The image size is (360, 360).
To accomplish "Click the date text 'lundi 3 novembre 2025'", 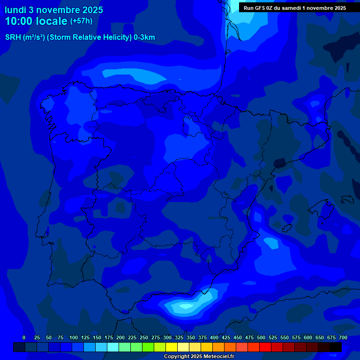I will coord(54,10).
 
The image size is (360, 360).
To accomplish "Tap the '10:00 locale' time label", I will coord(36,21).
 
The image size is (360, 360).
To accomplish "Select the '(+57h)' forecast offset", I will coord(81,21).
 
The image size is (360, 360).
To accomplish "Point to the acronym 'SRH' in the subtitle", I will coord(13,37).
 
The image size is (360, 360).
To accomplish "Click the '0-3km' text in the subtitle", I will coord(144,37).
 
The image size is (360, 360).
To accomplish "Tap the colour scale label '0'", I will coord(24,337).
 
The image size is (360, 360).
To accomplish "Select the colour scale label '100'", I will coord(74,337).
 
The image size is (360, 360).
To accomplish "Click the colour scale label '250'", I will coord(144,337).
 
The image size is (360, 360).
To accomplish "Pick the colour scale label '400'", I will coord(214,337).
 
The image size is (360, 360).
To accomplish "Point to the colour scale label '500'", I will coord(261,337).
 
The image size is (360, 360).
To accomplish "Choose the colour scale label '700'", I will coord(343,337).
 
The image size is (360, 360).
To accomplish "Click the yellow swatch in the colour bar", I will coord(172,347).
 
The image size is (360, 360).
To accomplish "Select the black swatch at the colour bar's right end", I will coord(336,347).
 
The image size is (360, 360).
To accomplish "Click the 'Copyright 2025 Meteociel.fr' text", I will coord(199,357).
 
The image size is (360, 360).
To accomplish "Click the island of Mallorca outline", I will coord(324,206).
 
